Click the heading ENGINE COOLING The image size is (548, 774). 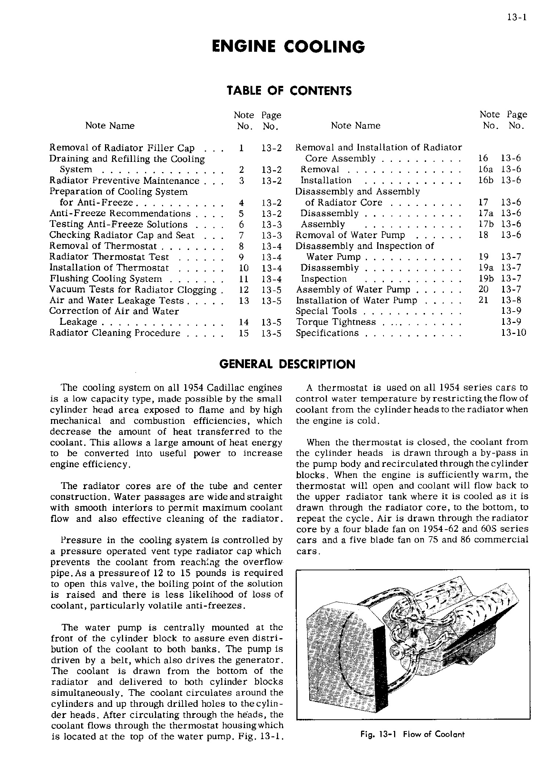(289, 47)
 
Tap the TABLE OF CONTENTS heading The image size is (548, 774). (289, 90)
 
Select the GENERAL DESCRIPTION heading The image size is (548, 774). (287, 364)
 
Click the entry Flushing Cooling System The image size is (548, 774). (106, 279)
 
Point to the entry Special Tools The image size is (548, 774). (326, 311)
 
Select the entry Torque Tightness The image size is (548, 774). (336, 322)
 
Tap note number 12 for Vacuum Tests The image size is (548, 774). (244, 290)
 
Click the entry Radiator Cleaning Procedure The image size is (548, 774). (115, 333)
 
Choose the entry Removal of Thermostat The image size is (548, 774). (103, 246)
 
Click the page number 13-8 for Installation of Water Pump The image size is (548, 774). (511, 300)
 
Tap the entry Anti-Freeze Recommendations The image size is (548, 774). (120, 214)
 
